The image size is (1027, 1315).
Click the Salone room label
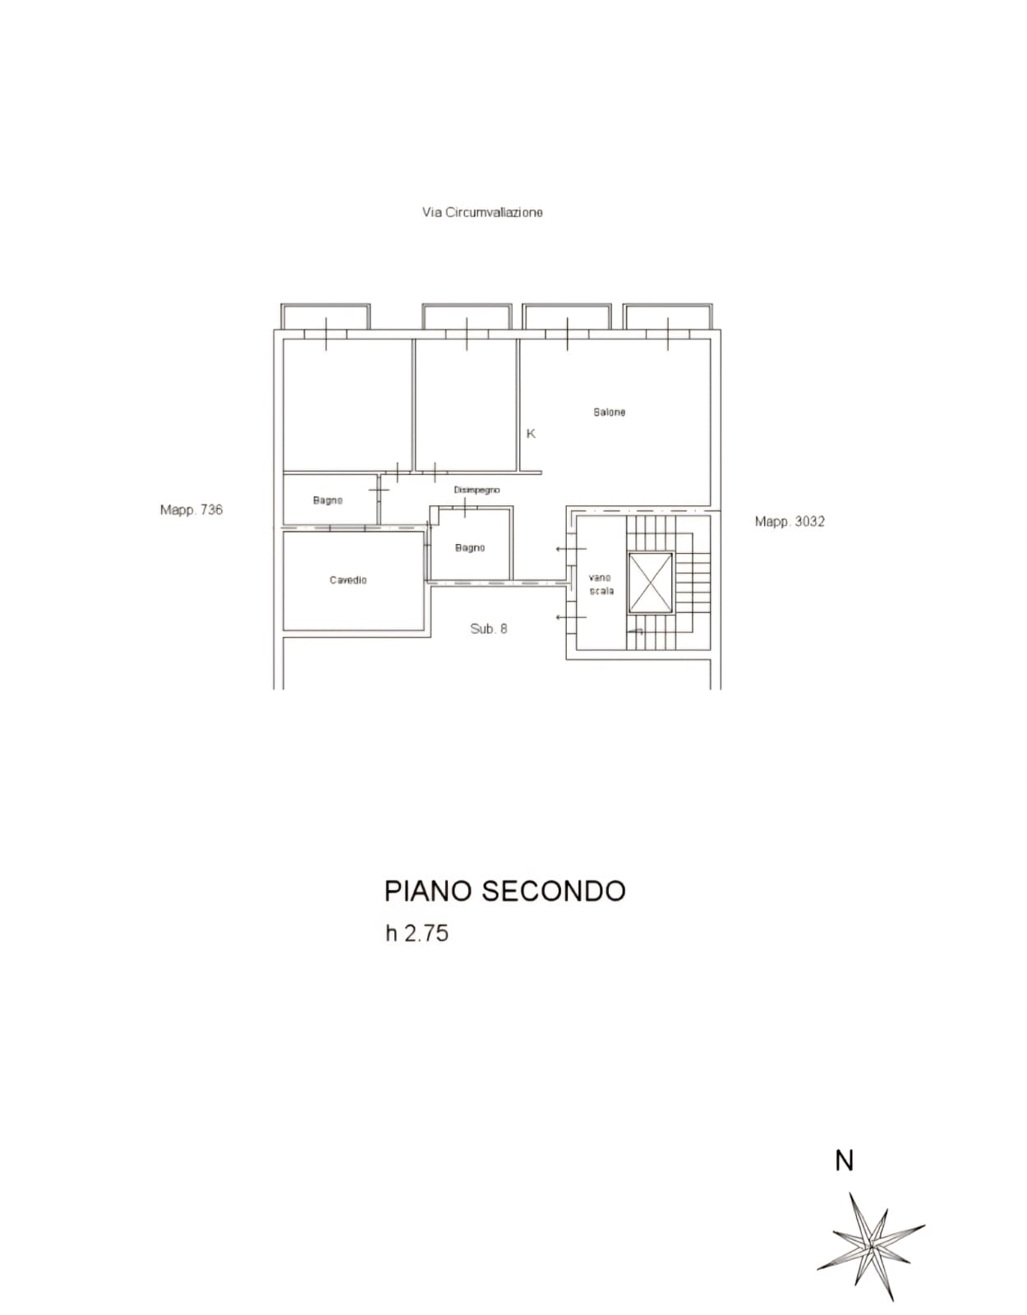(609, 412)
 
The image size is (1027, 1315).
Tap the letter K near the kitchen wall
(531, 434)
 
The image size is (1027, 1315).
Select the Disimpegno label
(477, 490)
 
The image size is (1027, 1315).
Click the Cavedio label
(348, 579)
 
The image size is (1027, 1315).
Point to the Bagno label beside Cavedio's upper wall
(328, 500)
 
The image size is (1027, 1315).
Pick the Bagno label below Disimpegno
(470, 547)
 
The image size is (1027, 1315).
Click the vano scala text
(601, 584)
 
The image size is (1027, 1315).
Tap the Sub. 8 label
(489, 629)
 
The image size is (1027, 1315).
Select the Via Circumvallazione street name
(482, 212)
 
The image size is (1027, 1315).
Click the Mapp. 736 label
(191, 510)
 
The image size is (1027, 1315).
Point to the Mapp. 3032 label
(790, 521)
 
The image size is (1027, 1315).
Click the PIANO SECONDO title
(505, 892)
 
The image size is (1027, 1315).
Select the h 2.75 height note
(417, 934)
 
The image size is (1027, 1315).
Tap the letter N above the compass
(845, 1161)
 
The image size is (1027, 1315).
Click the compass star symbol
(871, 1248)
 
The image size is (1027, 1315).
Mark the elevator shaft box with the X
(651, 582)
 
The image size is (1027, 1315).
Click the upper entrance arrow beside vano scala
(571, 549)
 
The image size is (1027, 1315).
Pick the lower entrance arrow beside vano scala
(571, 617)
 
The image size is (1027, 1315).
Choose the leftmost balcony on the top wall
(325, 316)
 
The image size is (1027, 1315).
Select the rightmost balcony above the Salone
(668, 316)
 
